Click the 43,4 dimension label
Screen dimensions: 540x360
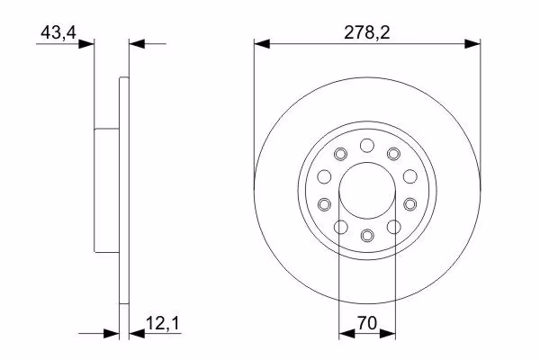[58, 32]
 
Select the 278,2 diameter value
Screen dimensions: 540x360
[367, 32]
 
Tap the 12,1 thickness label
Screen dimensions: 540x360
[163, 323]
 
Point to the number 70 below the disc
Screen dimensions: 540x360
[367, 323]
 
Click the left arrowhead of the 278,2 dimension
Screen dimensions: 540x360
[262, 44]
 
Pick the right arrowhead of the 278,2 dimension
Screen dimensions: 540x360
[472, 44]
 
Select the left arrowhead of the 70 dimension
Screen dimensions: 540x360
[346, 334]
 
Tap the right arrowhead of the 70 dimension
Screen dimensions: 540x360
[387, 334]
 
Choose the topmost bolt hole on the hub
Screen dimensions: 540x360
[367, 146]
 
